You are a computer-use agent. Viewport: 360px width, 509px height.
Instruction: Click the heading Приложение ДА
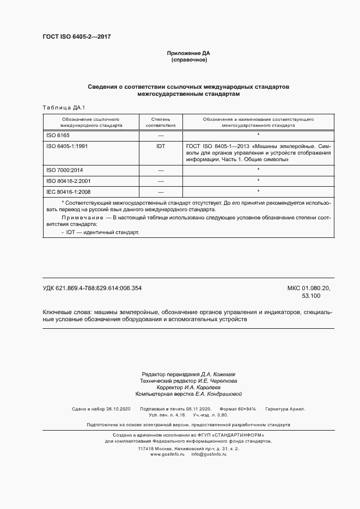tap(188, 53)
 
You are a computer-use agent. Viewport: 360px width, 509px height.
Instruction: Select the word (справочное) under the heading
tap(188, 60)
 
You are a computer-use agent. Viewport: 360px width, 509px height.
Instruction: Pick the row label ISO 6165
tap(58, 134)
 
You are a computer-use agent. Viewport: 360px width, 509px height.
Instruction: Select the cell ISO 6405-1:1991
tap(68, 146)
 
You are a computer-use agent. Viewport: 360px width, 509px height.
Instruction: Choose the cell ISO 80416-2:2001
tap(69, 181)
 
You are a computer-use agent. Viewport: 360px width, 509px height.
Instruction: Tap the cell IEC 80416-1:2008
tap(69, 192)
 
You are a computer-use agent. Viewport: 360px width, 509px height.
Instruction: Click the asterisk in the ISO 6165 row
tap(258, 134)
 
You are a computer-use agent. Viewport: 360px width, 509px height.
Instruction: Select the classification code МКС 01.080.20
tap(312, 288)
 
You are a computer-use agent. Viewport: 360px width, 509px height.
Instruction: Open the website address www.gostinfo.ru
tap(168, 454)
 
